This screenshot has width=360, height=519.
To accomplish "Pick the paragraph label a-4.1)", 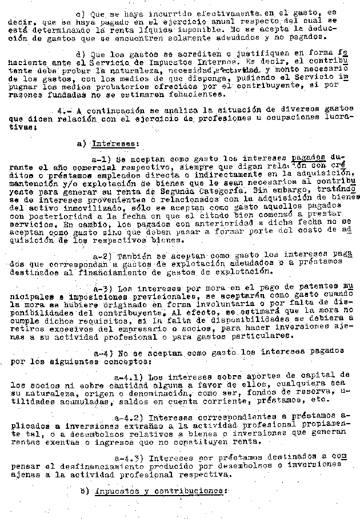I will [129, 377].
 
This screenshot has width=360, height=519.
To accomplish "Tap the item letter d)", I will [81, 54].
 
